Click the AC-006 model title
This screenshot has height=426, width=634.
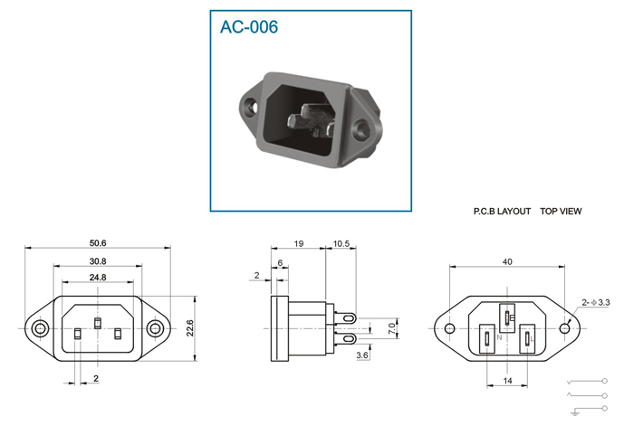click(x=249, y=27)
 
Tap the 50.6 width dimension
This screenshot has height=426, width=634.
click(x=98, y=243)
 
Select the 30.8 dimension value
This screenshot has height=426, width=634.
click(x=98, y=261)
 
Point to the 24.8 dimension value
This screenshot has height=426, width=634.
click(x=98, y=278)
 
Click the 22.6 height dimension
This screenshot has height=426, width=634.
click(x=190, y=328)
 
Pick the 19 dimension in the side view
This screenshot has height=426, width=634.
click(x=298, y=244)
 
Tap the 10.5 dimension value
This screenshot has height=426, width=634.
click(x=341, y=244)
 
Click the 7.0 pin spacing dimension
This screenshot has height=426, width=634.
click(x=392, y=328)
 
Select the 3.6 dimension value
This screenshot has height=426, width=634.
click(x=362, y=355)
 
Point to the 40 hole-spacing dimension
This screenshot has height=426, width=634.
click(x=507, y=262)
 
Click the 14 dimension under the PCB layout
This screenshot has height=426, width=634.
click(x=507, y=381)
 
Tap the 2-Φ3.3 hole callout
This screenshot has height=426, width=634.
click(x=596, y=302)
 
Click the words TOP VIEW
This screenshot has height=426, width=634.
click(x=561, y=211)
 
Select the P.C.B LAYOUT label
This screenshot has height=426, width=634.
click(x=502, y=211)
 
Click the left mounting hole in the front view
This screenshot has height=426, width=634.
click(x=40, y=328)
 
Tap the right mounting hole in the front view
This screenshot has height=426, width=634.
click(x=155, y=328)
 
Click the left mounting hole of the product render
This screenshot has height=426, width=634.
click(x=253, y=108)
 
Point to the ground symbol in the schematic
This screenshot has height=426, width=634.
click(x=574, y=412)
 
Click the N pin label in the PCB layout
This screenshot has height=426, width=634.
click(x=499, y=337)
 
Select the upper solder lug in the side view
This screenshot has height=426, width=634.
click(x=345, y=318)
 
